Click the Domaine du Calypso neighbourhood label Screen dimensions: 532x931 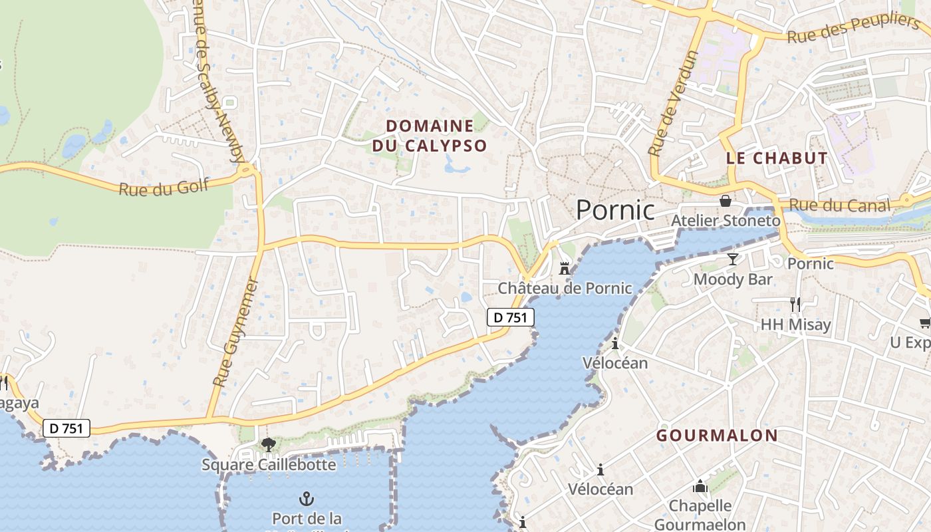tap(430, 136)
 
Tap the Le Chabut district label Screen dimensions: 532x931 tap(777, 158)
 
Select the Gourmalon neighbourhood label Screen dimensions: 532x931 tap(717, 436)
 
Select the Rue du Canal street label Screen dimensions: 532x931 tap(839, 206)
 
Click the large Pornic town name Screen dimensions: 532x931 tap(615, 210)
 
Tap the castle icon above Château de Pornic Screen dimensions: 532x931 tap(565, 268)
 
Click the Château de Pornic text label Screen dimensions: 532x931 tap(565, 288)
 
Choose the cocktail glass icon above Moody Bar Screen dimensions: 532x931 tap(733, 259)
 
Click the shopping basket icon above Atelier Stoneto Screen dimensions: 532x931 tap(726, 200)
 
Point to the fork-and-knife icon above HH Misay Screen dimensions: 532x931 tap(795, 305)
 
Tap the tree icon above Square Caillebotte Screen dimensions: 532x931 tap(268, 444)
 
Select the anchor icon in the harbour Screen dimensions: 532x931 tap(306, 498)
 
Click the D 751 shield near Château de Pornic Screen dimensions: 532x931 tap(511, 318)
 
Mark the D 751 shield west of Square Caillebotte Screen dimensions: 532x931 tap(66, 428)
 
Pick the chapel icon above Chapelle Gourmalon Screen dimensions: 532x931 tap(700, 487)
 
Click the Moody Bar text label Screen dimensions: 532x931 tap(733, 279)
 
